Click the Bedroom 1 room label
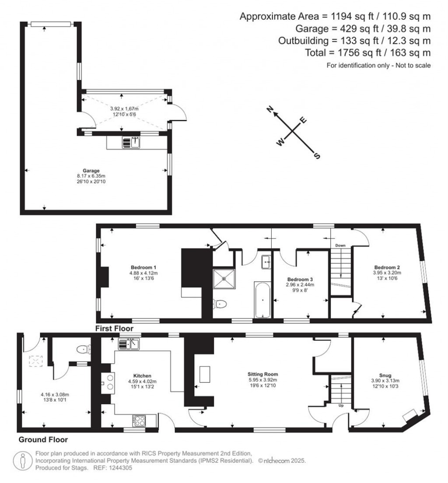click(x=143, y=267)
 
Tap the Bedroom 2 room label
click(x=387, y=267)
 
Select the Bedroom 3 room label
click(x=300, y=280)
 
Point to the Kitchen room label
click(x=142, y=376)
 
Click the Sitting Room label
click(x=263, y=374)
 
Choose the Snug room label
click(x=385, y=375)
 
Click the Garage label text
click(x=91, y=171)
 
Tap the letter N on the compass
click(x=270, y=109)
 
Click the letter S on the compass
click(x=317, y=156)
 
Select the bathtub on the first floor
click(x=262, y=299)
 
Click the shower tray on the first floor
click(x=224, y=279)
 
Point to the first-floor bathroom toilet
click(x=220, y=304)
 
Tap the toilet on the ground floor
click(x=84, y=349)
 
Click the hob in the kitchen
click(x=140, y=420)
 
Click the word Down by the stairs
click(x=340, y=245)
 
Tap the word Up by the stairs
click(x=341, y=406)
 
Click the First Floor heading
click(x=114, y=329)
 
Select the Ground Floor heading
click(x=43, y=440)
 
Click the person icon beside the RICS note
click(x=22, y=461)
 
